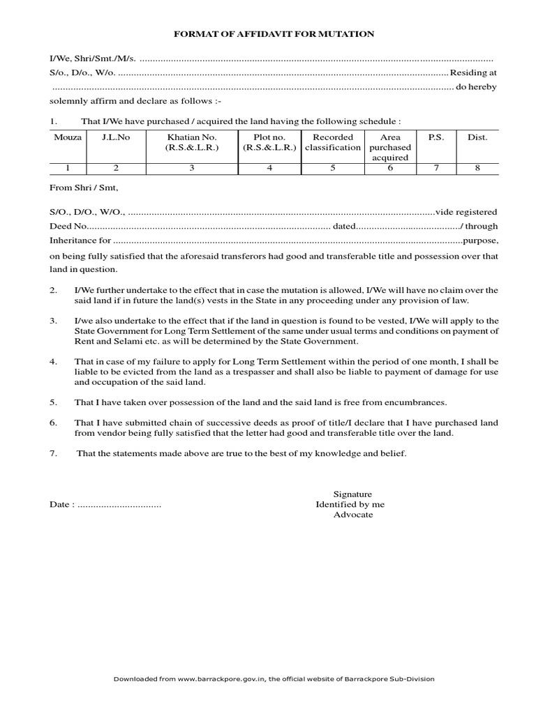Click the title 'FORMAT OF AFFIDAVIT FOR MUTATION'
274,33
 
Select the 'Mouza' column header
68,137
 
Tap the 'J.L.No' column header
116,137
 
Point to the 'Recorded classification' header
332,142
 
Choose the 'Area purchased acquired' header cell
390,147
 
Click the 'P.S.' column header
435,137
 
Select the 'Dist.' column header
477,137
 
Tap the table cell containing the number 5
332,168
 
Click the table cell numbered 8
477,168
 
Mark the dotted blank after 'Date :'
119,504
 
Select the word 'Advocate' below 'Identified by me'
352,515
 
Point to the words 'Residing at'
473,72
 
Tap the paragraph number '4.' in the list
53,363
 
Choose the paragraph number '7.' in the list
53,453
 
